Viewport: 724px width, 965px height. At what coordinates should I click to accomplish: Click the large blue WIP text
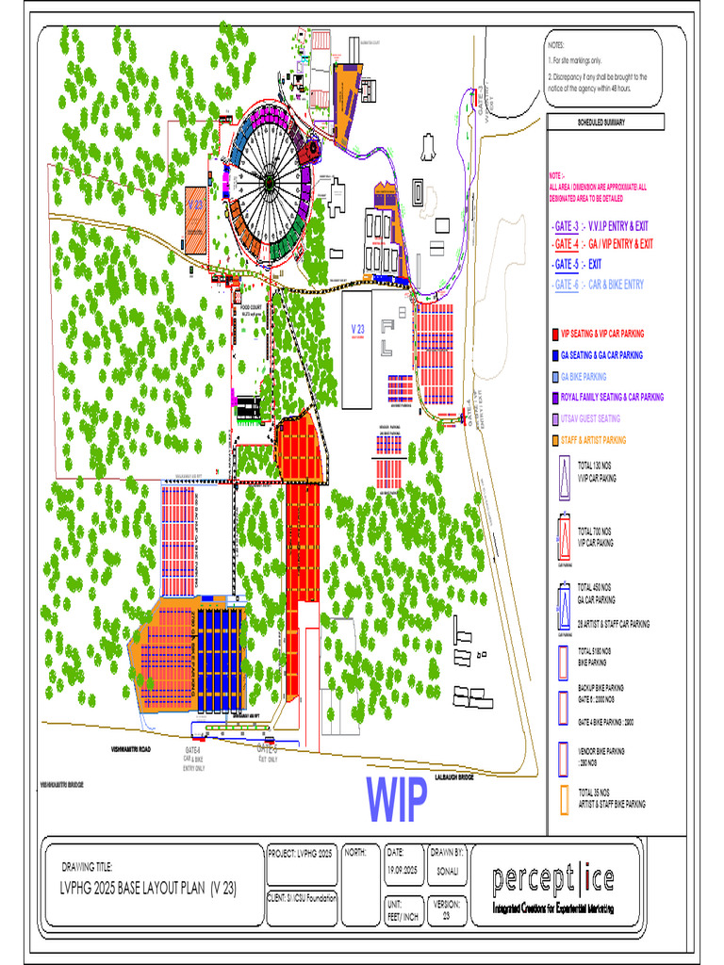pyautogui.click(x=397, y=799)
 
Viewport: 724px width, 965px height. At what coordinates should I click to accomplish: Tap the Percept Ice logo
pyautogui.click(x=552, y=880)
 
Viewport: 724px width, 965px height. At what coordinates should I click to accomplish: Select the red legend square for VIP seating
pyautogui.click(x=554, y=335)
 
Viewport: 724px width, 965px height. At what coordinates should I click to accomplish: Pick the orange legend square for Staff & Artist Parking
pyautogui.click(x=554, y=440)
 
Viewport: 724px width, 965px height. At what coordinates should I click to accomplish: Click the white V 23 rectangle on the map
pyautogui.click(x=357, y=349)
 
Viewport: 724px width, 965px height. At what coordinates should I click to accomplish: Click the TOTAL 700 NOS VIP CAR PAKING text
pyautogui.click(x=595, y=538)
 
